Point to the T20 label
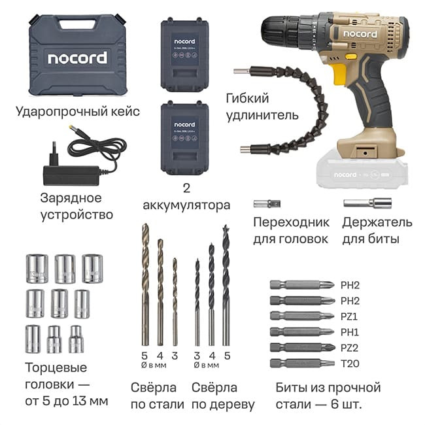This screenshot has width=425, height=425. [x=350, y=363]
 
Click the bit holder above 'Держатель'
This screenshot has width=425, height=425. [x=367, y=203]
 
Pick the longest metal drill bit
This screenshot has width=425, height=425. [x=145, y=284]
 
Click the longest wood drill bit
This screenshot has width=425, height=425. [x=226, y=284]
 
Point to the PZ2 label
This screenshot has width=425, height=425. [x=350, y=347]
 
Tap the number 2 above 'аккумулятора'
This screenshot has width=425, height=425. [x=186, y=188]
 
